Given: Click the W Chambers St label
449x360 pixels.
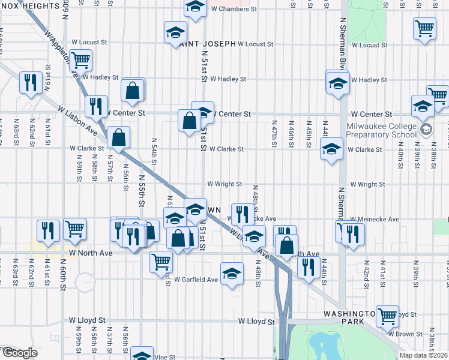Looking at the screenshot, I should pyautogui.click(x=234, y=10).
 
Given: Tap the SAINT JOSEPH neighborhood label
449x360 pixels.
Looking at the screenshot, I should pyautogui.click(x=206, y=44).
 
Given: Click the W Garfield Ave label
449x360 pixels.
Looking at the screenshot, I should pyautogui.click(x=196, y=280).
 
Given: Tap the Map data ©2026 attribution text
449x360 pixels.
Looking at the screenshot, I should pyautogui.click(x=423, y=355).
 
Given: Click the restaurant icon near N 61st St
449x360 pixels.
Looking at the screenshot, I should pyautogui.click(x=29, y=82).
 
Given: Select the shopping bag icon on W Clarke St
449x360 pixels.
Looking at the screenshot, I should pyautogui.click(x=119, y=137).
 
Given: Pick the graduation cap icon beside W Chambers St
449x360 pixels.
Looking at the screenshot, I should pyautogui.click(x=194, y=8).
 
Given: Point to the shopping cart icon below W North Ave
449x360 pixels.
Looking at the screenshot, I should pyautogui.click(x=161, y=260).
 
